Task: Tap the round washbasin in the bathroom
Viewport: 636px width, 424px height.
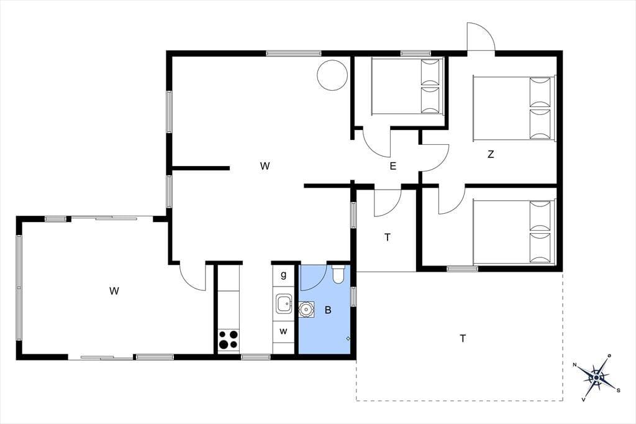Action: [306, 310]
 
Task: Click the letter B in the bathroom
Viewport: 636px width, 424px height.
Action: [328, 310]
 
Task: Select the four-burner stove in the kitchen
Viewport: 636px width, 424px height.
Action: [229, 340]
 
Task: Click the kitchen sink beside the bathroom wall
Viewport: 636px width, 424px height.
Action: [283, 304]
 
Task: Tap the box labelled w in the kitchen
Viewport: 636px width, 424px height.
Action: [283, 331]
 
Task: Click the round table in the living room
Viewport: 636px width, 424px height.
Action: [332, 75]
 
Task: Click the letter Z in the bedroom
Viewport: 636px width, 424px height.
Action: [491, 154]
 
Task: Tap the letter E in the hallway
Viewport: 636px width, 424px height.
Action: [393, 166]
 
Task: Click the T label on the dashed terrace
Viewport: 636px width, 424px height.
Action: [463, 338]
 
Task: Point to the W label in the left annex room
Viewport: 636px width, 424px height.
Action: [114, 291]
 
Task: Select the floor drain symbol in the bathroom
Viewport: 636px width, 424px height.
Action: [348, 338]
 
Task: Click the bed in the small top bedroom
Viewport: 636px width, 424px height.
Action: [407, 86]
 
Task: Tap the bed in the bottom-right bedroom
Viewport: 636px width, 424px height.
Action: [514, 232]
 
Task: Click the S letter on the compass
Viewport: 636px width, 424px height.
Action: [618, 390]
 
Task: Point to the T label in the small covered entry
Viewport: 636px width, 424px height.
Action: [388, 237]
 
